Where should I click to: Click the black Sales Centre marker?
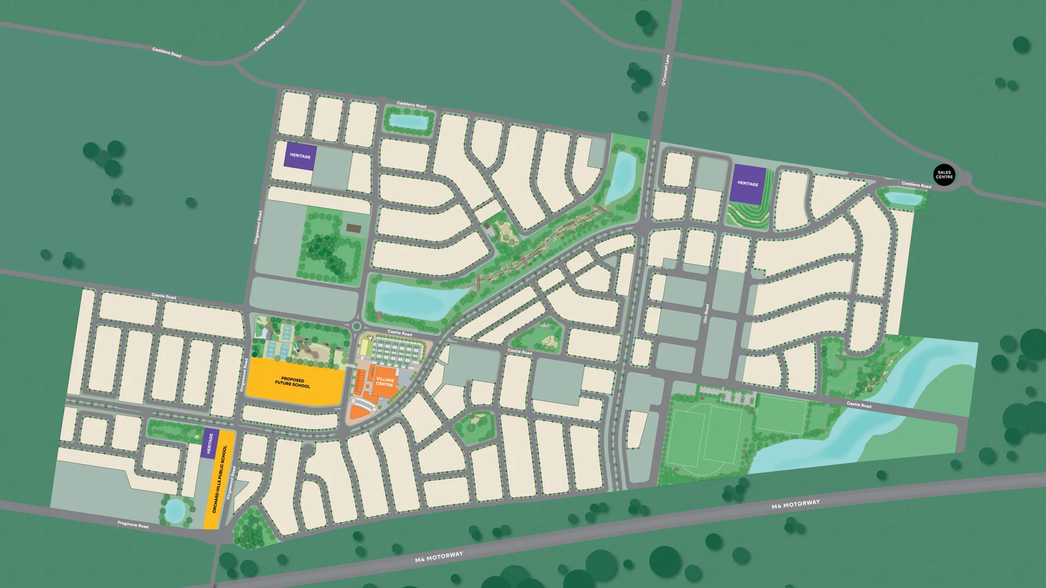tap(944, 175)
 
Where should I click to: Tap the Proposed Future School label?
tap(293, 382)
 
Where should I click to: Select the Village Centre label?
tap(385, 382)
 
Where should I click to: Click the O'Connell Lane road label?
tap(665, 70)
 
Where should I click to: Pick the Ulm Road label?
tap(706, 313)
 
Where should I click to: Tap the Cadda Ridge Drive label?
tap(269, 38)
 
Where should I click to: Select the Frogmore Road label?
tap(133, 524)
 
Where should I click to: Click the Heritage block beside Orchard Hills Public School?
tap(210, 444)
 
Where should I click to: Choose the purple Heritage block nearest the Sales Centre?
tap(748, 184)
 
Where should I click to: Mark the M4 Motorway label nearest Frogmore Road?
tap(439, 556)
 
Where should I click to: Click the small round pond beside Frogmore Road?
tap(175, 510)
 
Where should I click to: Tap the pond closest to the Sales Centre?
tap(903, 198)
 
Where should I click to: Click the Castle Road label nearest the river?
tap(859, 405)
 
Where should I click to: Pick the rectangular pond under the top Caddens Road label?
tap(409, 121)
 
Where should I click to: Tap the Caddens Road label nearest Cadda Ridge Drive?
tap(166, 52)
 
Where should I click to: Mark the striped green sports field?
tap(781, 416)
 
